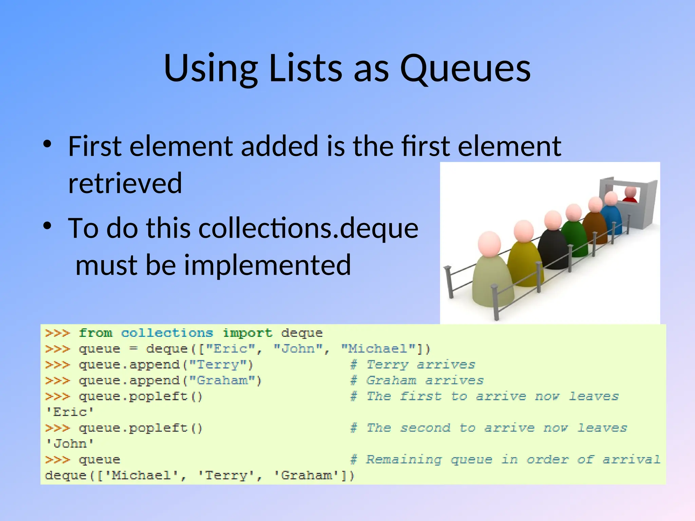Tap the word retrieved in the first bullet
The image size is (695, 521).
coord(125,183)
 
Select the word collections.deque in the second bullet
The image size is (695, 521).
coord(308,228)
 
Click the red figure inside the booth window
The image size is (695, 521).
coord(631,195)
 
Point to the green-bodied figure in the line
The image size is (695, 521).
coord(574,237)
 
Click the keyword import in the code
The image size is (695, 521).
coord(247,333)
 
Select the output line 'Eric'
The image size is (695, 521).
coord(70,412)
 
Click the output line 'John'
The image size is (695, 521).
coord(70,444)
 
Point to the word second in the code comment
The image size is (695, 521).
coord(425,428)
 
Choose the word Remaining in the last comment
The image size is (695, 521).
coord(404,460)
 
